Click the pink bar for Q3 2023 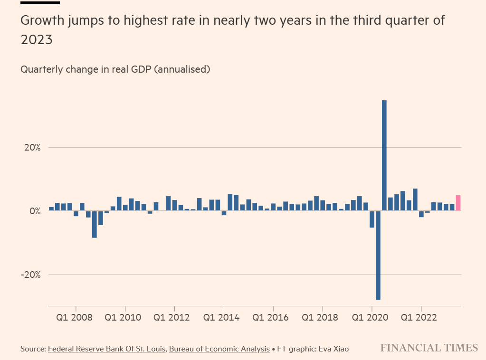[x=458, y=203]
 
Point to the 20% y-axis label [x=32, y=148]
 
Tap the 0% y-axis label [x=35, y=211]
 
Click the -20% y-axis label [x=31, y=275]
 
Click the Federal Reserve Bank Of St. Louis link [x=107, y=349]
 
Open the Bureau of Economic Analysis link [x=219, y=349]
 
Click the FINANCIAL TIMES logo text [x=429, y=348]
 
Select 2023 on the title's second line [x=36, y=40]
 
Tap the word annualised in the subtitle [x=183, y=69]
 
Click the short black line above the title [x=40, y=3]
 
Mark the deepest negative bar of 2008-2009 [x=95, y=224]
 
